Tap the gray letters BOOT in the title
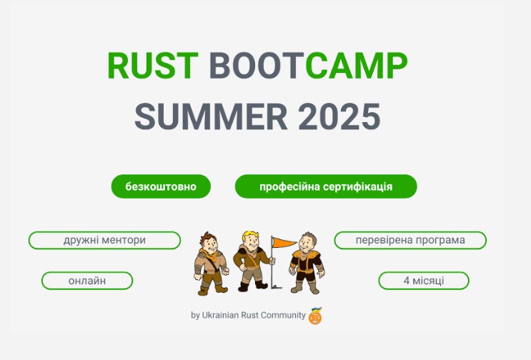click(257, 65)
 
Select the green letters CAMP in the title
click(356, 65)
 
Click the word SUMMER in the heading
click(211, 116)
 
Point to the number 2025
click(339, 116)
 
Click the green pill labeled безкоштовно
click(161, 186)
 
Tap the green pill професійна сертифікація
click(326, 186)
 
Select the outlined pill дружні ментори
click(104, 240)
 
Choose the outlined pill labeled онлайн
click(87, 281)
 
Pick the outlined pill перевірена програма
click(410, 240)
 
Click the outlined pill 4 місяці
click(424, 281)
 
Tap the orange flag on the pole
click(284, 242)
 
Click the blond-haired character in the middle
click(252, 261)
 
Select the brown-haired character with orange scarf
click(211, 264)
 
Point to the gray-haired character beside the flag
click(307, 263)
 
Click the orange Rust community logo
click(315, 316)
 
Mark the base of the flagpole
click(276, 287)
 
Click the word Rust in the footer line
click(249, 315)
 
